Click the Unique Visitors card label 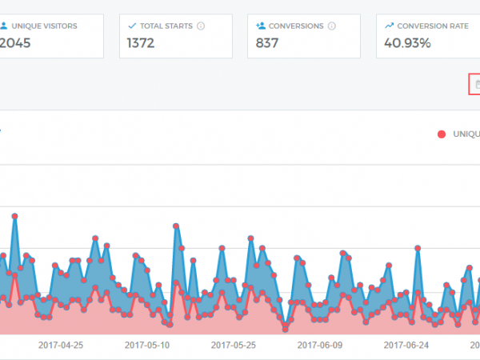coord(44,26)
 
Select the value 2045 coord(17,43)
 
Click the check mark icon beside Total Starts coord(132,26)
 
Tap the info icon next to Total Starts coord(200,26)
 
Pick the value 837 coord(267,43)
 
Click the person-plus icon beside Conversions coord(261,26)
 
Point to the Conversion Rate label coord(433,26)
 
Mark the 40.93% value coord(407,43)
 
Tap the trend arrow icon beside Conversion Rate coord(389,26)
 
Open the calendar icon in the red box coord(477,84)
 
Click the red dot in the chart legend coord(442,134)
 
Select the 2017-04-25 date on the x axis coord(61,346)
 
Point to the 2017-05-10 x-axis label coord(147,346)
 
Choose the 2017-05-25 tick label coord(234,346)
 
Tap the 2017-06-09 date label coord(320,346)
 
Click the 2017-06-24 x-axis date coord(406,346)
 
